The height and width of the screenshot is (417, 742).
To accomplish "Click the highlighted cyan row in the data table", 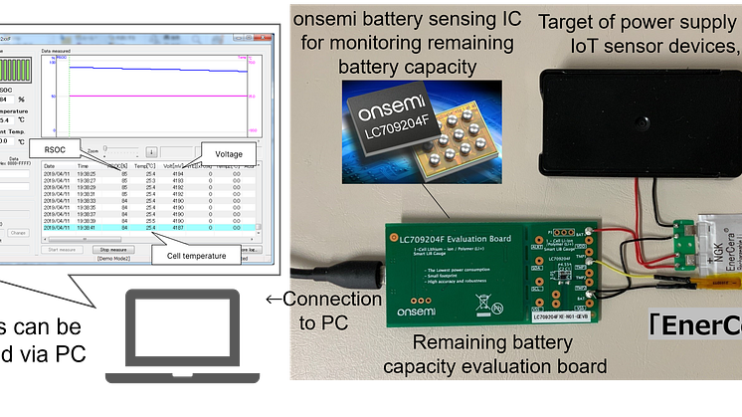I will pyautogui.click(x=149, y=228).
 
